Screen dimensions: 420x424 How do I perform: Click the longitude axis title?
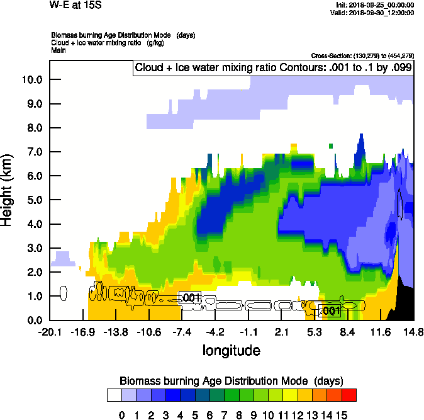[231, 350]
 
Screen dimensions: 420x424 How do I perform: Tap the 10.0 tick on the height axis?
[31, 79]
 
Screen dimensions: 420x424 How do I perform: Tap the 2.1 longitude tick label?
[281, 332]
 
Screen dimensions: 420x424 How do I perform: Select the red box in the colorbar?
[349, 395]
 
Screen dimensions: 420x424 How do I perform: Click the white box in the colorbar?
[114, 395]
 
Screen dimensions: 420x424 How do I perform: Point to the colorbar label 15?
[341, 414]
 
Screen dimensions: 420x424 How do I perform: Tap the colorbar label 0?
[121, 414]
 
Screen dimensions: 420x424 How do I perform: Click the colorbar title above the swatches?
[231, 381]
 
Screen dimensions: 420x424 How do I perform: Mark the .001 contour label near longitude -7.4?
[191, 297]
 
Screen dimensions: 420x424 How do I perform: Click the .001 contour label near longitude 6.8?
[331, 310]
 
